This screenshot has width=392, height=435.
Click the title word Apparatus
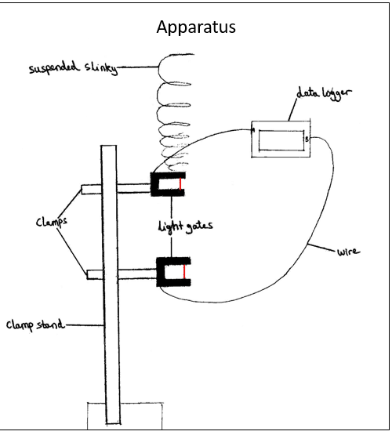[196, 27]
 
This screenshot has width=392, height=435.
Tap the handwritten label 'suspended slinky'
[73, 67]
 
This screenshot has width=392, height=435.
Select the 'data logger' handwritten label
[324, 93]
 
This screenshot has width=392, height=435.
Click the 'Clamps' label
[52, 222]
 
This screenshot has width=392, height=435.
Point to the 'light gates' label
[185, 227]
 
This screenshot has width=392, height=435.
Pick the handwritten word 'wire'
[348, 252]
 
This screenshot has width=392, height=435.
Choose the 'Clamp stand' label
[35, 324]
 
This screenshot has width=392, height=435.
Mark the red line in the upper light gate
[180, 184]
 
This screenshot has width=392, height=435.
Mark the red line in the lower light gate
[183, 272]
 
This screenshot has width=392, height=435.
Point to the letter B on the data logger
[307, 140]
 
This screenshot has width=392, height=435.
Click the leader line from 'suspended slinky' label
[138, 67]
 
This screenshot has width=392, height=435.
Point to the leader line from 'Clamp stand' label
[85, 324]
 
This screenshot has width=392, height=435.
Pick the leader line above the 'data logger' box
[292, 110]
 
